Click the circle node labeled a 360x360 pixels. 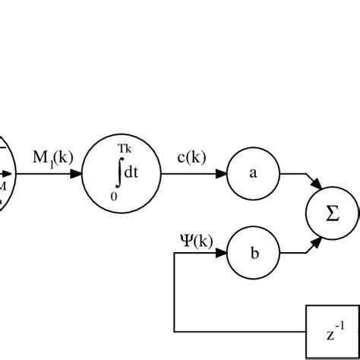click(x=254, y=173)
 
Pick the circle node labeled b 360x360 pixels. click(x=254, y=254)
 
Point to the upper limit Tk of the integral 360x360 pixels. click(x=124, y=150)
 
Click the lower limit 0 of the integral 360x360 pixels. click(x=114, y=196)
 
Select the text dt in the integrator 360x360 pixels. click(x=131, y=173)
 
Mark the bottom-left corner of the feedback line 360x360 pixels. click(x=175, y=332)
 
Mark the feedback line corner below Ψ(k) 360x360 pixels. click(x=175, y=254)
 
